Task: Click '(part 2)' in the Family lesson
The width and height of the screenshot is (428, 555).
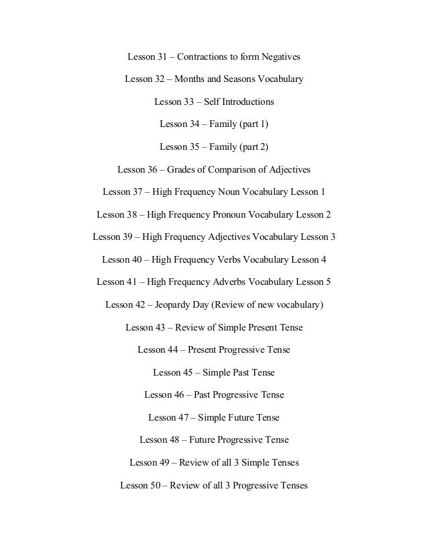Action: pos(249,147)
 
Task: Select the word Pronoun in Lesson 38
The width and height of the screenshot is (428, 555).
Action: pos(234,215)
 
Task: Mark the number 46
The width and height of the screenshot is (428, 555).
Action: pos(180,395)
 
